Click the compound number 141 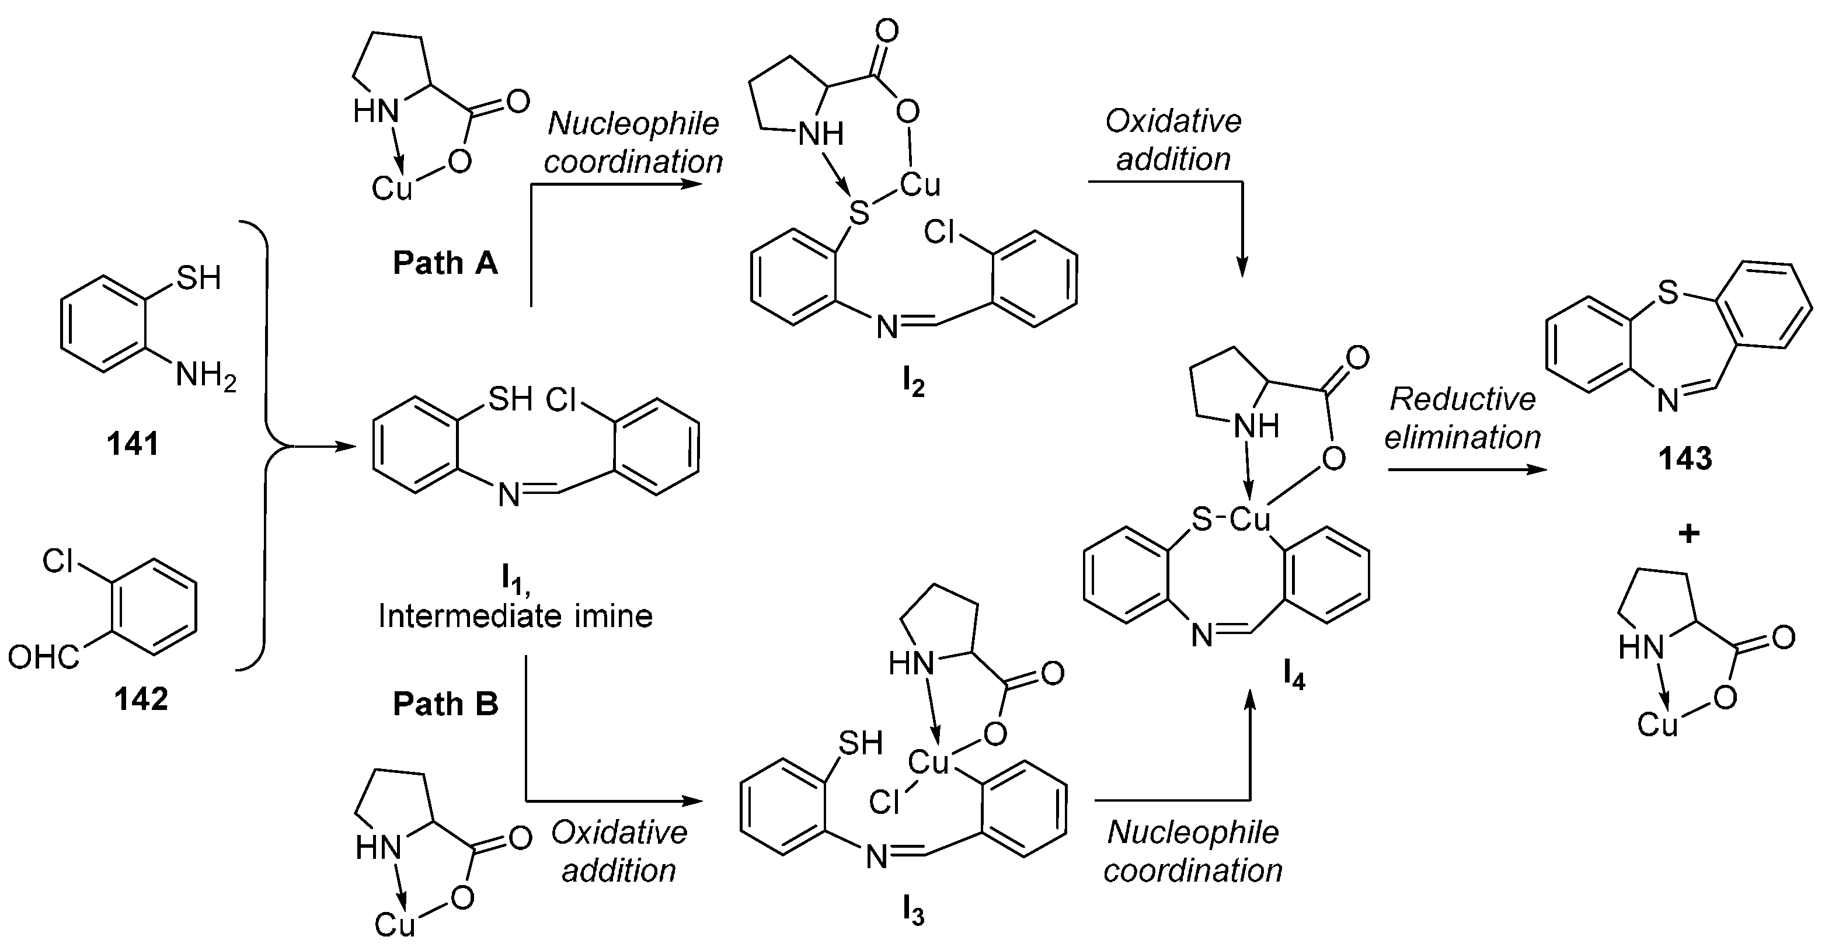pyautogui.click(x=133, y=445)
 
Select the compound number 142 pyautogui.click(x=141, y=699)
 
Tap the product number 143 pyautogui.click(x=1685, y=459)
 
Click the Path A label pyautogui.click(x=445, y=263)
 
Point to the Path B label pyautogui.click(x=445, y=704)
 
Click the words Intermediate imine pyautogui.click(x=515, y=616)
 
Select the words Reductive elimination pyautogui.click(x=1462, y=419)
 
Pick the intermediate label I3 pyautogui.click(x=914, y=914)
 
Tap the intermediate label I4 pyautogui.click(x=1294, y=678)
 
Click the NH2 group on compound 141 pyautogui.click(x=206, y=376)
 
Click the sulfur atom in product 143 pyautogui.click(x=1668, y=293)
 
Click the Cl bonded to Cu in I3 pyautogui.click(x=884, y=803)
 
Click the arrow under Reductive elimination pyautogui.click(x=1467, y=469)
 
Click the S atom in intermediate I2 pyautogui.click(x=859, y=213)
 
